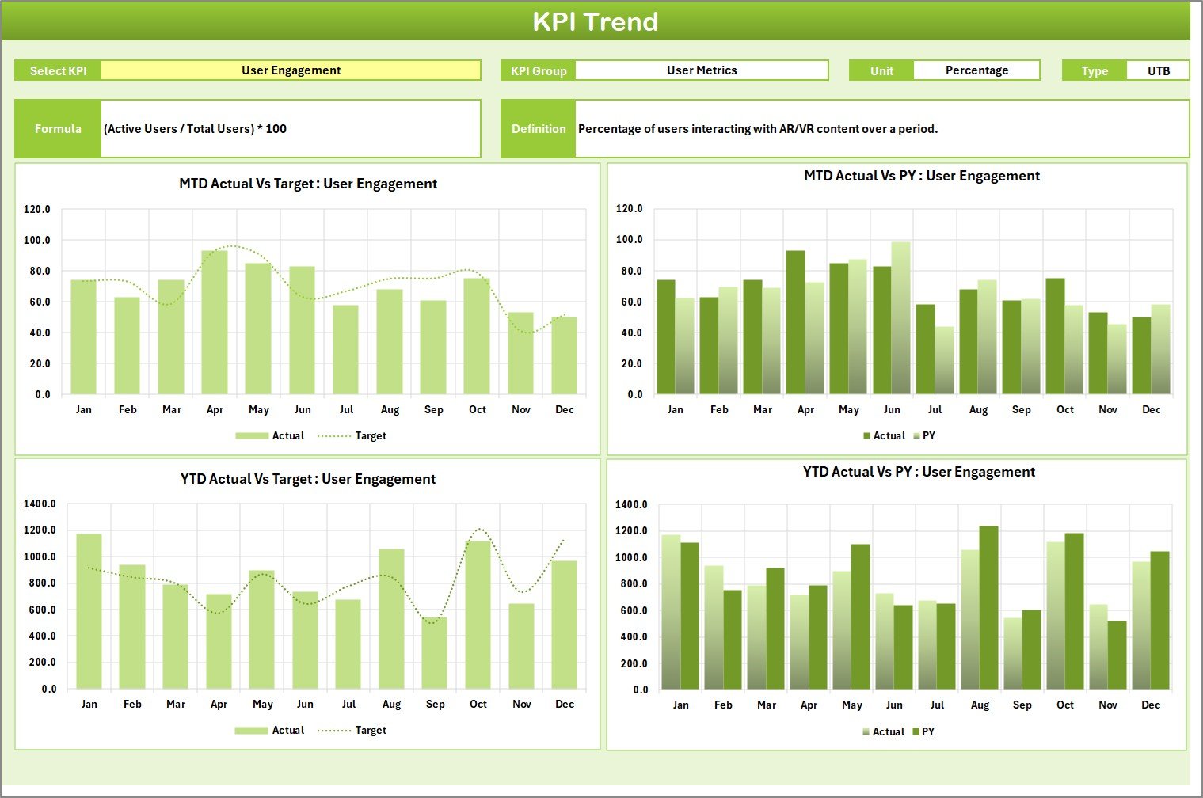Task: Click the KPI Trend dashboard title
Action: (x=595, y=21)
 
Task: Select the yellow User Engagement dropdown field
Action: (x=291, y=70)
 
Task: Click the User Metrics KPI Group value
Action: (x=701, y=70)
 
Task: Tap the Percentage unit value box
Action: (x=976, y=70)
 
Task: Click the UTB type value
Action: (x=1158, y=70)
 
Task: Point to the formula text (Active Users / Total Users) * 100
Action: (x=196, y=129)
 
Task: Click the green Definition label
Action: (x=538, y=129)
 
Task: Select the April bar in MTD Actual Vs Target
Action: (x=215, y=322)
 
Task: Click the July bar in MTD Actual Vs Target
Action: (x=345, y=349)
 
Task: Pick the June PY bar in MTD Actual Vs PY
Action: (x=900, y=318)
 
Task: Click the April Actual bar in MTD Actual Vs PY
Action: (x=795, y=322)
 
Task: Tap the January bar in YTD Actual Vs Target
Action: (x=89, y=611)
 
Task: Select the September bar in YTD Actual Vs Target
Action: (x=434, y=653)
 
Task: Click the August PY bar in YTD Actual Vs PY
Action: (x=988, y=608)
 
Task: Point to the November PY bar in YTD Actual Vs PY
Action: (x=1117, y=655)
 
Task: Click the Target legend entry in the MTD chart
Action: (x=370, y=436)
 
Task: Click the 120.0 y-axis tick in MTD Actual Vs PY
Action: (x=629, y=209)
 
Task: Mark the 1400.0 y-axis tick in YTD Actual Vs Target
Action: (x=40, y=504)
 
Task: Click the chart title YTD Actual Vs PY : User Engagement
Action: (x=919, y=473)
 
